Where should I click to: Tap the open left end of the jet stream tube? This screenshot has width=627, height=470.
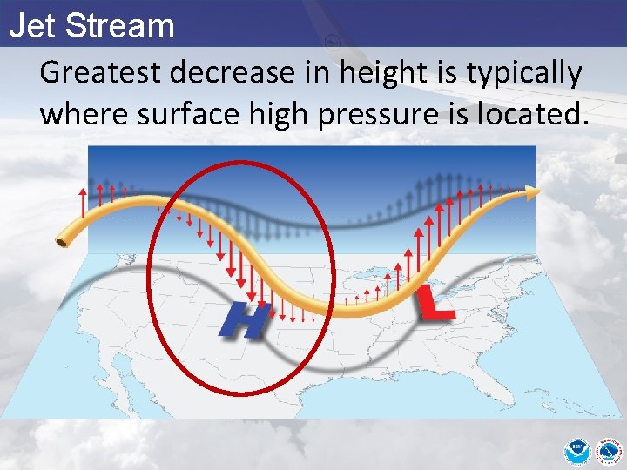pyautogui.click(x=64, y=239)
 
